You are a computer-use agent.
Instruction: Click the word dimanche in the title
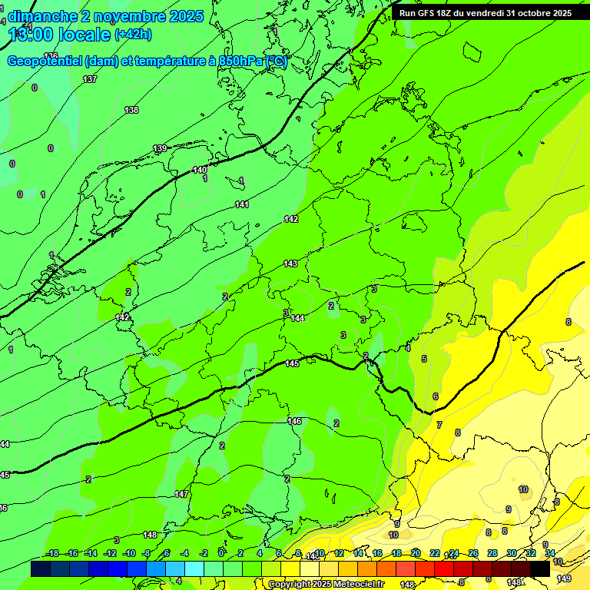[42, 16]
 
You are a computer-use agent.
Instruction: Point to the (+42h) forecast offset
[133, 35]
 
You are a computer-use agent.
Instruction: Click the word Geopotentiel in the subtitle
[45, 61]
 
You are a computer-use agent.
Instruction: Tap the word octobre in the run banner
[528, 13]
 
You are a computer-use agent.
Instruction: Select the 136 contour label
[51, 56]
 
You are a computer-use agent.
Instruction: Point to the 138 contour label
[131, 110]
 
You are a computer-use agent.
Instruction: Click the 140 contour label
[199, 170]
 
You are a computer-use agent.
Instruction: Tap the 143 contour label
[290, 264]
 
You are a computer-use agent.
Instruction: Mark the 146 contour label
[294, 421]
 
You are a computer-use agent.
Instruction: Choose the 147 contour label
[181, 494]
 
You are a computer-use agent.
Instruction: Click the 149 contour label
[564, 578]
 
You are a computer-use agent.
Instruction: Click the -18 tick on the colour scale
[52, 553]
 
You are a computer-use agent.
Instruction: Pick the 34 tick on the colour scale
[550, 553]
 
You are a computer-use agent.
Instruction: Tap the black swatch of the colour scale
[540, 568]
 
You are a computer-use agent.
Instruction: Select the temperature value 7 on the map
[439, 425]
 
